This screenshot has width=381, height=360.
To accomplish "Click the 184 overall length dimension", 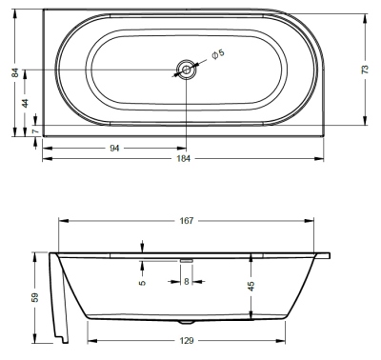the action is click(x=184, y=158).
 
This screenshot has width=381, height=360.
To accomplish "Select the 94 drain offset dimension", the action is click(x=114, y=148).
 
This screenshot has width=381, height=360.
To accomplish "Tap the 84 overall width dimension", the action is click(x=15, y=72).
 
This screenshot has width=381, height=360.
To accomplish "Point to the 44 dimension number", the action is click(x=25, y=103).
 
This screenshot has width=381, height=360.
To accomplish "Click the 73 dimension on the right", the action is click(x=365, y=70).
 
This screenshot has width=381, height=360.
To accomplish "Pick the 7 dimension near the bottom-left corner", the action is click(x=35, y=130).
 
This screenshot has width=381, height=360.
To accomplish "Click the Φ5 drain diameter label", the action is click(x=218, y=54).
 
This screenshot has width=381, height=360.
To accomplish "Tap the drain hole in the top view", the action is click(x=187, y=70).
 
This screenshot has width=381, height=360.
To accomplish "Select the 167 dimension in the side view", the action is click(x=187, y=220).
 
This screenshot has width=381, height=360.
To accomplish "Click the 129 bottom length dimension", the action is click(x=187, y=341).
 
